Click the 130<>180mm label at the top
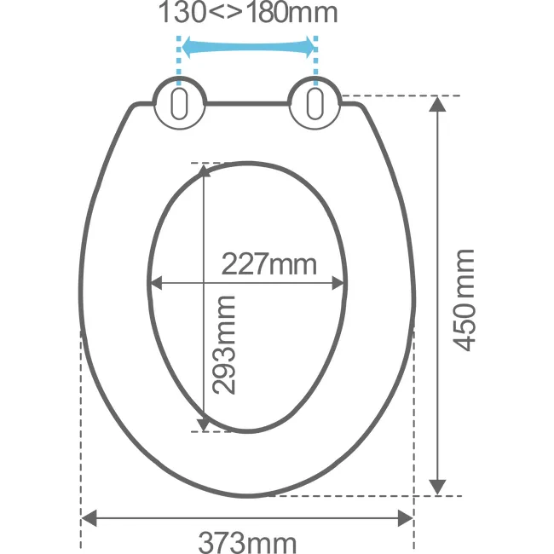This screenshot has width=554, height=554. pyautogui.click(x=248, y=12)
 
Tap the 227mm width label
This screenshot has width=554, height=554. pyautogui.click(x=269, y=264)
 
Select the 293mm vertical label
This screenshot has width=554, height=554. pyautogui.click(x=223, y=345)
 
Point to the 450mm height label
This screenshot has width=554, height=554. pyautogui.click(x=464, y=300)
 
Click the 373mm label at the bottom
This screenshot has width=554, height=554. pyautogui.click(x=247, y=542)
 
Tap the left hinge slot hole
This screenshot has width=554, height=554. pyautogui.click(x=180, y=104)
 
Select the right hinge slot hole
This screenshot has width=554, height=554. pyautogui.click(x=315, y=104)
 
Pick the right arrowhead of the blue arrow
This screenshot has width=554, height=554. pyautogui.click(x=309, y=47)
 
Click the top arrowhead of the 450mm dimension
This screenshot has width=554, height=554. pyautogui.click(x=437, y=104)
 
